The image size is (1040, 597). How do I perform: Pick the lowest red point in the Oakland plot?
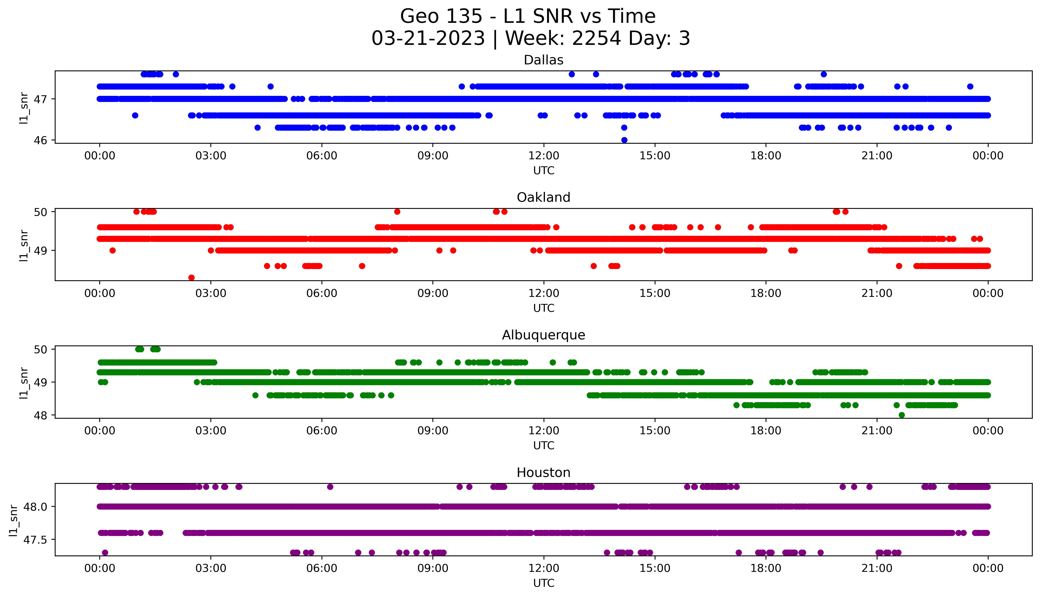pyautogui.click(x=191, y=278)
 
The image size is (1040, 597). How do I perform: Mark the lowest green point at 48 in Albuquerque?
pyautogui.click(x=901, y=415)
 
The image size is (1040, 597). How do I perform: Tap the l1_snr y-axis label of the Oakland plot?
pyautogui.click(x=24, y=245)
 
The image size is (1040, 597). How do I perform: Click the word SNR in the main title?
pyautogui.click(x=554, y=16)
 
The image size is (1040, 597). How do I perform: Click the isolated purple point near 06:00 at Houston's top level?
pyautogui.click(x=330, y=487)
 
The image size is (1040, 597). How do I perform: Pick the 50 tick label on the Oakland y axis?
pyautogui.click(x=41, y=212)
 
